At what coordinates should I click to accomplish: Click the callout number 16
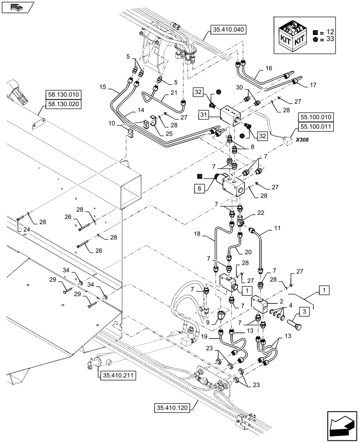pyautogui.click(x=269, y=70)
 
